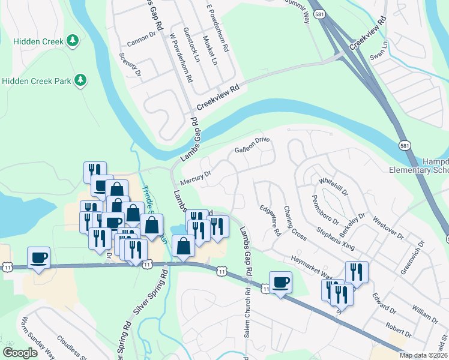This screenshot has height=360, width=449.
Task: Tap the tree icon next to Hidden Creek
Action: [x=73, y=40]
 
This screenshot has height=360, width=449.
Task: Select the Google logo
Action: [x=19, y=353]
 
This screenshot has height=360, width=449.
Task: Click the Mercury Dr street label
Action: [x=197, y=177]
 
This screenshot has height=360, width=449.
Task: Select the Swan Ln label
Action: [x=379, y=52]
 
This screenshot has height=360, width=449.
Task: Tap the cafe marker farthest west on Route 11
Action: [x=39, y=258]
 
